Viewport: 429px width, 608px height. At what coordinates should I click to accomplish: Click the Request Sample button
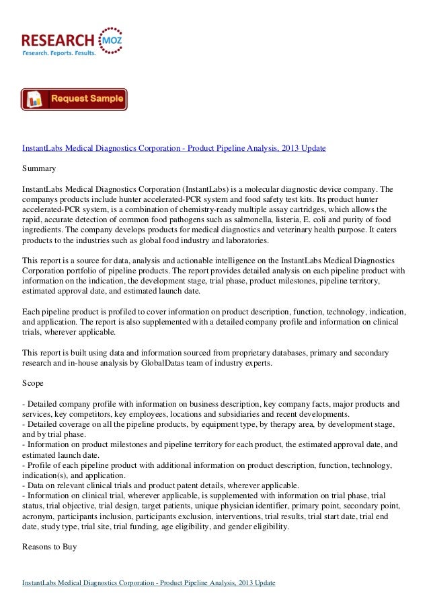pos(73,99)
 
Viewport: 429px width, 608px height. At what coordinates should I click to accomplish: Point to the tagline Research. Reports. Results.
pos(59,53)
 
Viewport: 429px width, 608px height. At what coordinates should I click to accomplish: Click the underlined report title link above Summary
pos(174,147)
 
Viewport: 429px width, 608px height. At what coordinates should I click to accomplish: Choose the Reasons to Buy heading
pos(50,547)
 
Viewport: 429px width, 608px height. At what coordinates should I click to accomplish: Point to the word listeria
pos(279,219)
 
